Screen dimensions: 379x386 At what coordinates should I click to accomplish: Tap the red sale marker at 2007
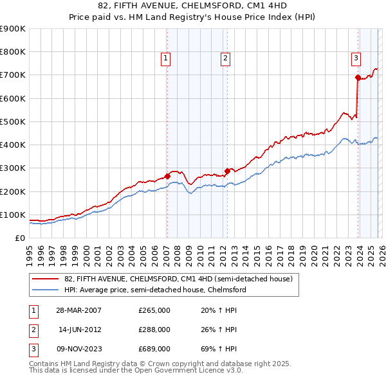pyautogui.click(x=167, y=176)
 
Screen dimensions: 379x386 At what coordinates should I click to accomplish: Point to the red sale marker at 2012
pyautogui.click(x=227, y=171)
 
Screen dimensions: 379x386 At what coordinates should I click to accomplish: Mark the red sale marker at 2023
pyautogui.click(x=358, y=78)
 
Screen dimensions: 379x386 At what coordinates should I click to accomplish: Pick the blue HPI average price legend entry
pyautogui.click(x=155, y=290)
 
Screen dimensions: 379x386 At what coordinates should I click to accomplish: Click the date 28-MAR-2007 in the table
pyautogui.click(x=78, y=310)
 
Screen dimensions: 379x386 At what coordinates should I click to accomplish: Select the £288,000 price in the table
pyautogui.click(x=154, y=330)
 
